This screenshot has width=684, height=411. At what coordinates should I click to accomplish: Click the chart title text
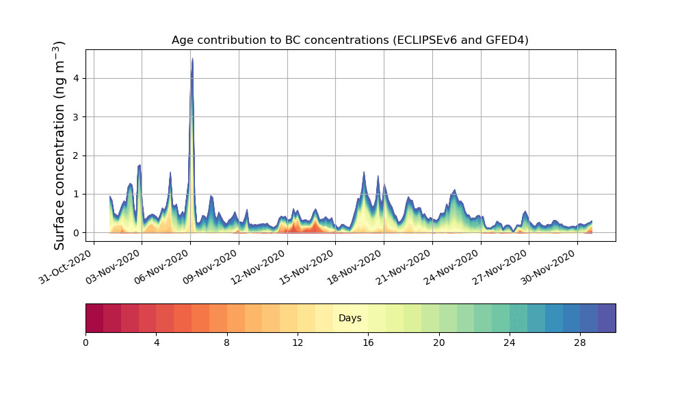pos(350,40)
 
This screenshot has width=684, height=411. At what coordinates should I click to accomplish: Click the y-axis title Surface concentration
pos(60,145)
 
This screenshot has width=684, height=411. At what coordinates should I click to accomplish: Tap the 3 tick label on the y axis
pos(77,117)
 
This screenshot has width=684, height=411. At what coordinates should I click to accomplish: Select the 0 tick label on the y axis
pos(77,233)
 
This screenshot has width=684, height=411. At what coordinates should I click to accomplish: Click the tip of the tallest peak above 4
pos(192,59)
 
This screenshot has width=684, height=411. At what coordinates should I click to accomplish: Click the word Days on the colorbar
pos(350,319)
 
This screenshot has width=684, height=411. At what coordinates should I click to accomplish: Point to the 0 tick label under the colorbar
pos(85,342)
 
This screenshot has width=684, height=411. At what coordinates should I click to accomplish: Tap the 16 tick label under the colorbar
pos(368,342)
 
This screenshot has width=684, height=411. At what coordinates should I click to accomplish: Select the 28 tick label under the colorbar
pos(580,342)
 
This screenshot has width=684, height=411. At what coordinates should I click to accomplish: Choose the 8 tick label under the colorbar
pos(227,342)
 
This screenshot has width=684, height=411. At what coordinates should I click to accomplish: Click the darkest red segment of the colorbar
pos(94,319)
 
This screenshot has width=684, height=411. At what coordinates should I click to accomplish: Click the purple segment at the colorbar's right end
pos(607,319)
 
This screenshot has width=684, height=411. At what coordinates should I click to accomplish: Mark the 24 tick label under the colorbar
pos(510,342)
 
